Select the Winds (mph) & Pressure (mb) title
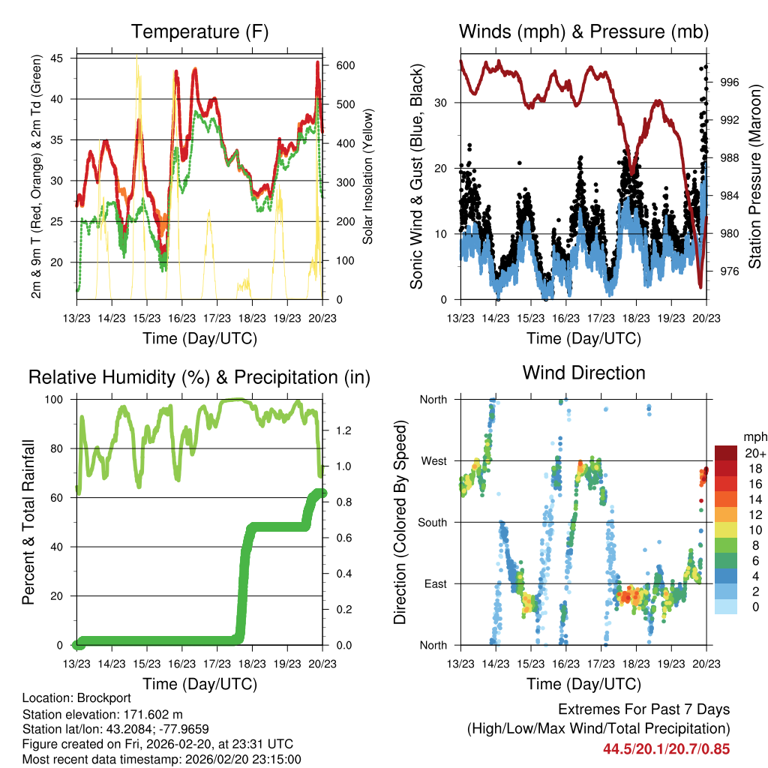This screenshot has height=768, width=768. (x=583, y=32)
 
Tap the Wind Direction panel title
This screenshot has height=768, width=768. (x=583, y=373)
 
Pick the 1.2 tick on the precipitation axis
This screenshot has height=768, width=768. (x=337, y=430)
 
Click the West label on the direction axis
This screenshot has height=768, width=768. (x=433, y=461)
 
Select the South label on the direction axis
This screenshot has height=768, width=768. (x=432, y=523)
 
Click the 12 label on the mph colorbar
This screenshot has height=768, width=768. (x=750, y=514)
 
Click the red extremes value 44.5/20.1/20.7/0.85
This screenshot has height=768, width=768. (x=666, y=748)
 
